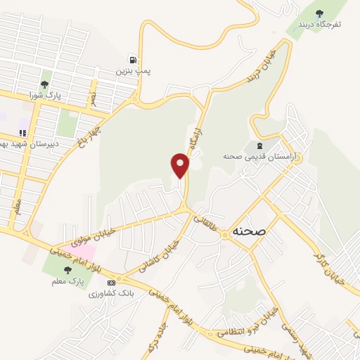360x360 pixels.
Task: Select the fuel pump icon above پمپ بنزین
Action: [x=132, y=60]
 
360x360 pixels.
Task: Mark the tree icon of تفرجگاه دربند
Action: [x=320, y=12]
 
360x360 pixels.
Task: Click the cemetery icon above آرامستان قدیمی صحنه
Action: [x=255, y=125]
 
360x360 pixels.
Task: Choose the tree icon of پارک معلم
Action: [x=67, y=269]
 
